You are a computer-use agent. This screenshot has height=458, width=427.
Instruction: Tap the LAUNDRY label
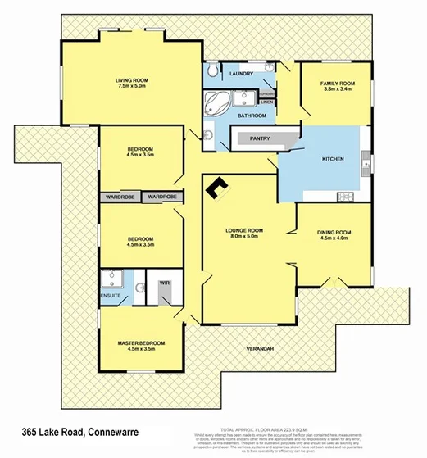[x=240, y=74]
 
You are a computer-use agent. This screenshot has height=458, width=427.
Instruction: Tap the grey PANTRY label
[x=261, y=138]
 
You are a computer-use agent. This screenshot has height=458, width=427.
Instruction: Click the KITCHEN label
[x=332, y=158]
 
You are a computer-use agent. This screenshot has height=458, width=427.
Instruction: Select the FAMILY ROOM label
[x=337, y=84]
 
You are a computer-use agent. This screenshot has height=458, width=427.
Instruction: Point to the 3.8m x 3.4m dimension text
[x=337, y=90]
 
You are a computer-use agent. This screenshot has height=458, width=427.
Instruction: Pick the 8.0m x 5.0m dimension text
[x=244, y=238]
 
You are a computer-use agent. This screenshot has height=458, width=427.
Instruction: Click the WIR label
[x=164, y=282]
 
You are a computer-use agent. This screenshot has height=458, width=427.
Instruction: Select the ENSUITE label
[x=110, y=294]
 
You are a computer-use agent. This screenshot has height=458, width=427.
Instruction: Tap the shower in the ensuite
[x=111, y=279]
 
